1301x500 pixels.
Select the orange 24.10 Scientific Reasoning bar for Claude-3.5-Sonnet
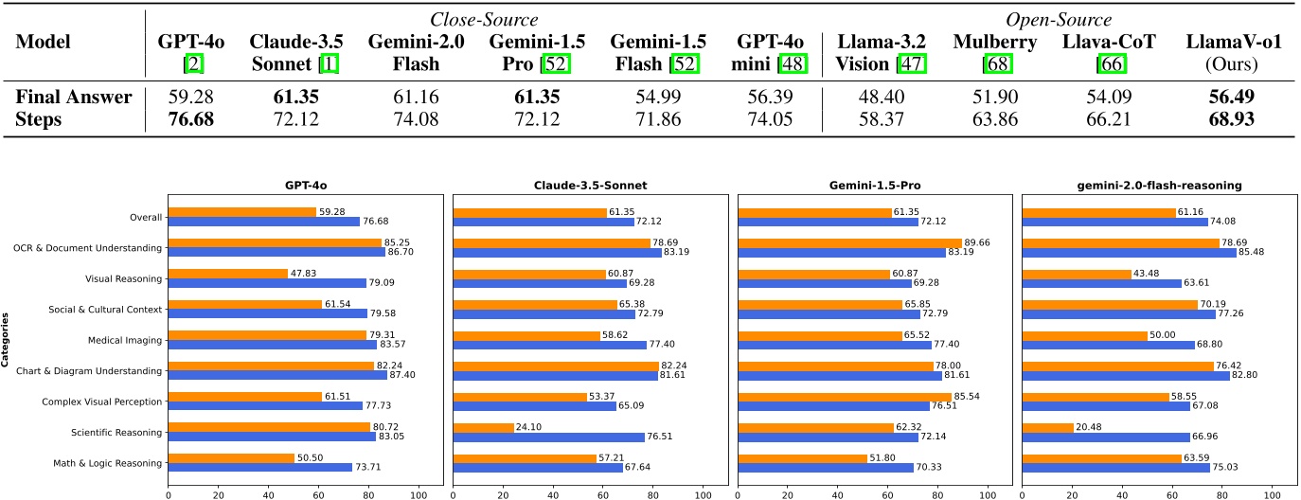483,427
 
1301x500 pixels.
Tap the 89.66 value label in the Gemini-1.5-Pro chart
977,242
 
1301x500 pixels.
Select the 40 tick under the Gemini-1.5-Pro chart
836,492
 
